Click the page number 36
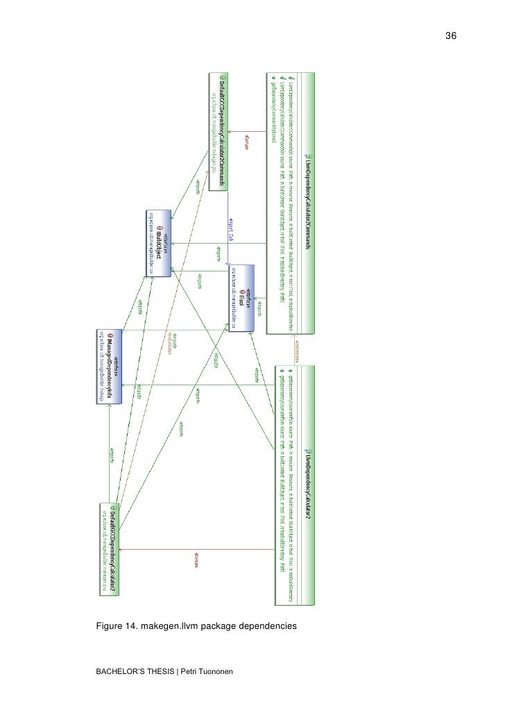click(450, 36)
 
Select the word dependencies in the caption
click(265, 627)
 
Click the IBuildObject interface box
click(160, 244)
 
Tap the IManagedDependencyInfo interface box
click(109, 366)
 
